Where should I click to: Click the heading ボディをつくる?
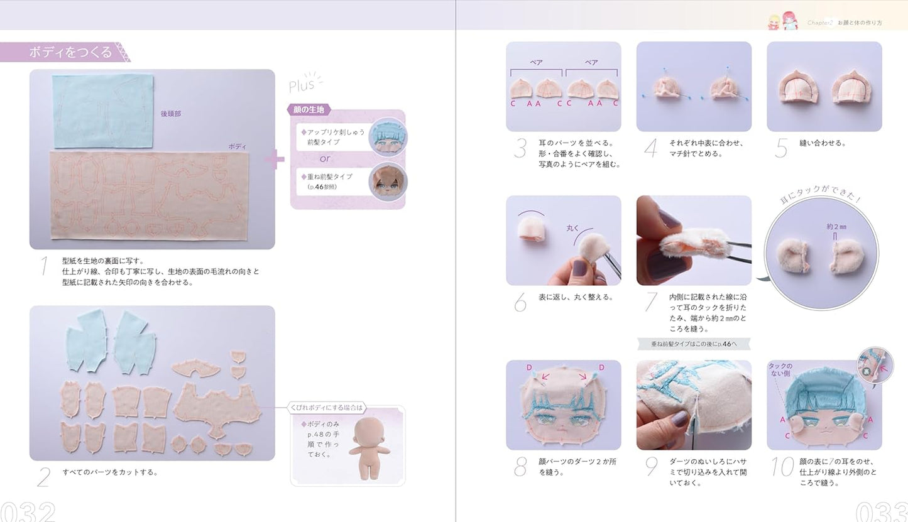[x=70, y=52]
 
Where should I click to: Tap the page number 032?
[x=28, y=511]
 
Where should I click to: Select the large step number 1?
[x=43, y=266]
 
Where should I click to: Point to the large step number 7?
[x=651, y=302]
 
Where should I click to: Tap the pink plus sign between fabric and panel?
[x=275, y=159]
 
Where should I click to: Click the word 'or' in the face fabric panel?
[x=325, y=158]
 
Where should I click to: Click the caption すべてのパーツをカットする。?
[x=110, y=472]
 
